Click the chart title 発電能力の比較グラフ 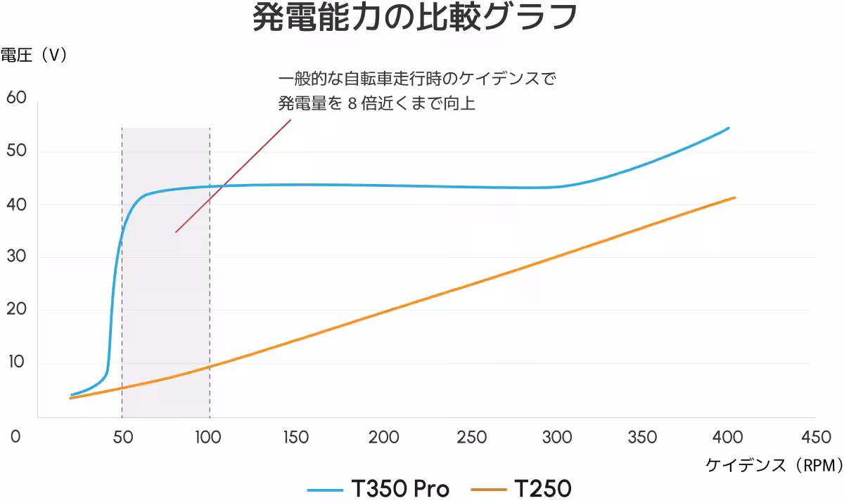415,18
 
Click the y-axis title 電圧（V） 34,55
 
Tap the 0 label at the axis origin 15,437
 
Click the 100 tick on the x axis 209,437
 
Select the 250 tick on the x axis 471,437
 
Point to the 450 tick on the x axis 816,437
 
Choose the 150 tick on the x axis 296,437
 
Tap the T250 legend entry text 542,488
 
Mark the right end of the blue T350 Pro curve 728,128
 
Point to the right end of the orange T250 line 734,197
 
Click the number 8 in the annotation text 353,104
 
